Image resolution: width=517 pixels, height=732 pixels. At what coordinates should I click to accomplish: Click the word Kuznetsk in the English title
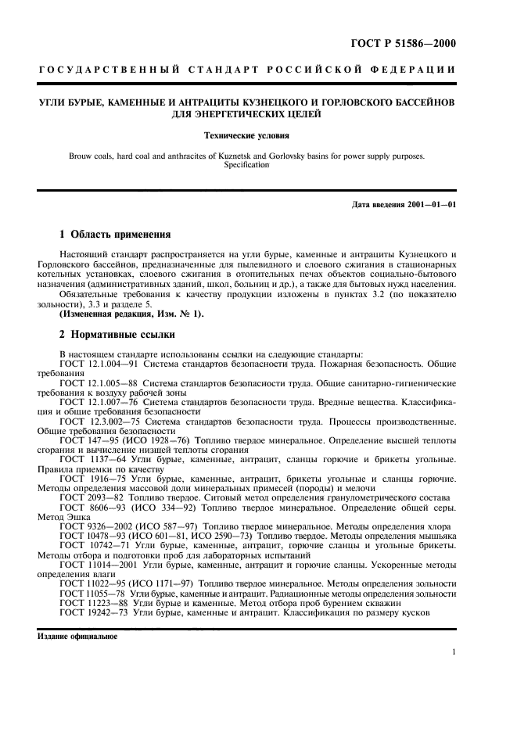(x=275, y=156)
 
